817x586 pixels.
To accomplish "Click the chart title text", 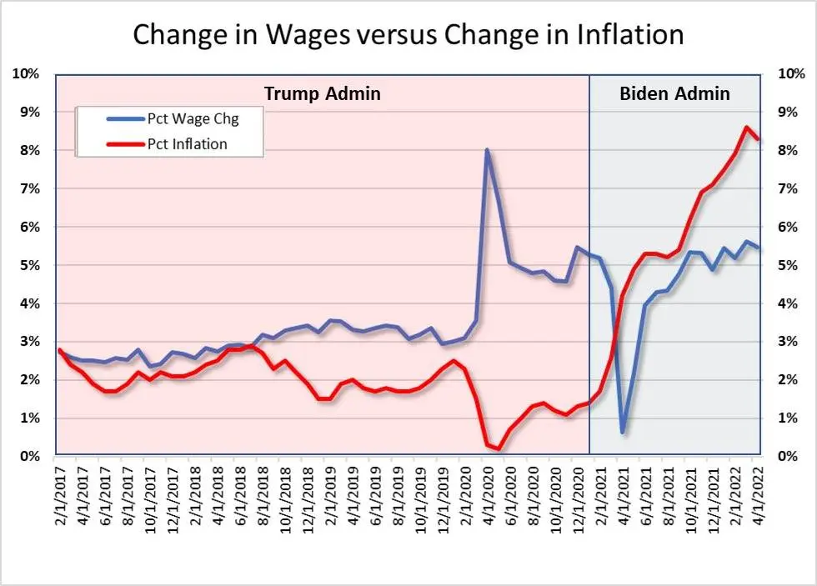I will pyautogui.click(x=408, y=34).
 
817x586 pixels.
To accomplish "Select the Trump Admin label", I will pyautogui.click(x=322, y=93).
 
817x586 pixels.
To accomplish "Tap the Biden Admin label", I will pyautogui.click(x=674, y=93).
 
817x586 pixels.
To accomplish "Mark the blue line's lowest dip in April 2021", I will pyautogui.click(x=623, y=432).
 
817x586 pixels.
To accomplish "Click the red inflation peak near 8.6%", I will pyautogui.click(x=745, y=128).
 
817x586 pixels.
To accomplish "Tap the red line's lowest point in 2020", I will pyautogui.click(x=499, y=449).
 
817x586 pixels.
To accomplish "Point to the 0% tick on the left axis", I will pyautogui.click(x=30, y=456).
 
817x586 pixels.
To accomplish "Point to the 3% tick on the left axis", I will pyautogui.click(x=30, y=342).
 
